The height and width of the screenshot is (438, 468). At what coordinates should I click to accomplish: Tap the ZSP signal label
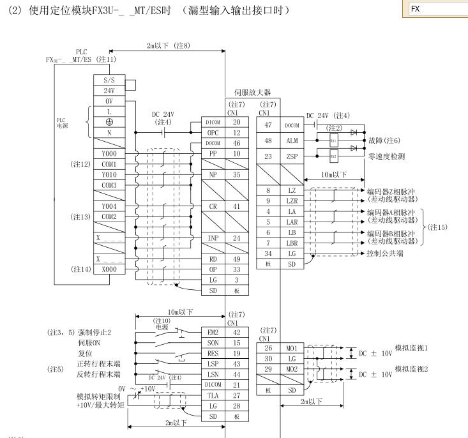(291, 157)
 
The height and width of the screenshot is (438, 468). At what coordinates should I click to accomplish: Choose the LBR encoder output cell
(291, 243)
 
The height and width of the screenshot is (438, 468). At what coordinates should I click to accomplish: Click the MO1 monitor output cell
(291, 349)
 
